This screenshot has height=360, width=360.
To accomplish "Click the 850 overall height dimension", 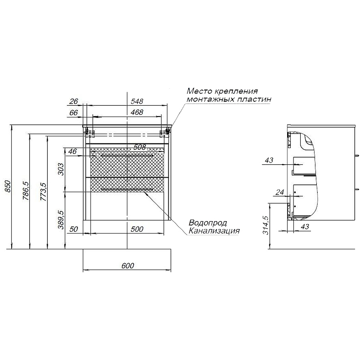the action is [x=7, y=187].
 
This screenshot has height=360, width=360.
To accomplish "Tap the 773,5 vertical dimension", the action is [x=43, y=192].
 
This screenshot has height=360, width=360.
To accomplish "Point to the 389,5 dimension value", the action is [x=61, y=220].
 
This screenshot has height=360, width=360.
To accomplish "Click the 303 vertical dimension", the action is [x=61, y=169].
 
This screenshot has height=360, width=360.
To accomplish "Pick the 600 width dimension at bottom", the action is [x=128, y=265].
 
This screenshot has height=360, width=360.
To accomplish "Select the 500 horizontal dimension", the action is [x=137, y=229].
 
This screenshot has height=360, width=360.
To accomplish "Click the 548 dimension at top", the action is [x=137, y=101].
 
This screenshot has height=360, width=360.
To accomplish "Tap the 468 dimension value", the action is [x=137, y=112].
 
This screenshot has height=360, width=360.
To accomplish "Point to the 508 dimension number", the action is [x=140, y=147].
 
